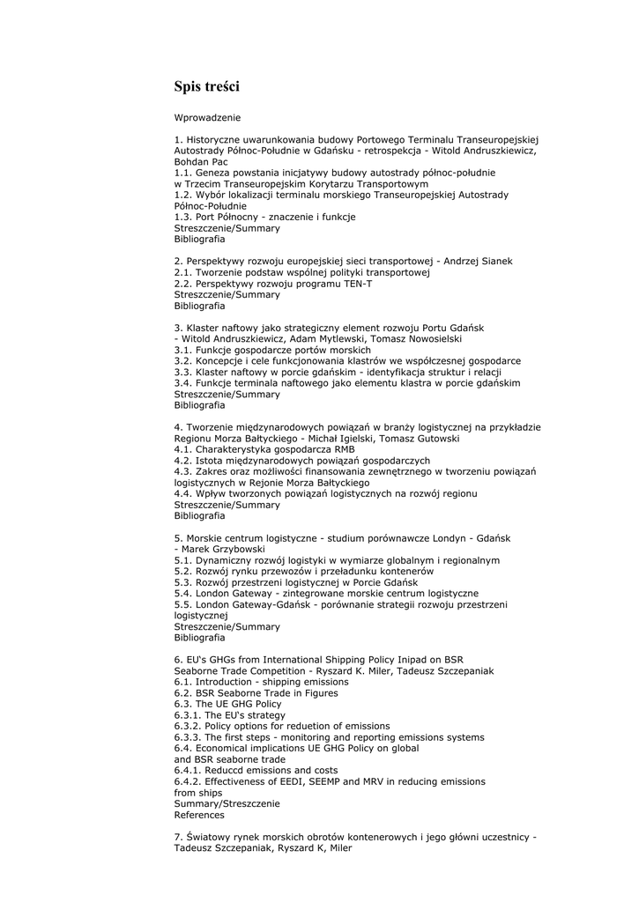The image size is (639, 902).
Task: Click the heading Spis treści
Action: pyautogui.click(x=206, y=86)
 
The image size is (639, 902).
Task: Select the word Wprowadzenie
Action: pyautogui.click(x=207, y=117)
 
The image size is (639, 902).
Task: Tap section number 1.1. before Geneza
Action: pyautogui.click(x=183, y=173)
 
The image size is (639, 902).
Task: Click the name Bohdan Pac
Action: pyautogui.click(x=201, y=162)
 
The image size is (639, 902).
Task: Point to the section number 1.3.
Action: pyautogui.click(x=183, y=217)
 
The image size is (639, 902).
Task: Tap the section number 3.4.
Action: pyautogui.click(x=183, y=383)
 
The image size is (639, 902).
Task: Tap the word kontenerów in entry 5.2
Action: pyautogui.click(x=385, y=571)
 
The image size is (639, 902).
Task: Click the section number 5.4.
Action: pyautogui.click(x=183, y=593)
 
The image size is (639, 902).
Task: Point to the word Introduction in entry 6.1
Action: pyautogui.click(x=224, y=682)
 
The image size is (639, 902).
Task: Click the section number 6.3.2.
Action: pyautogui.click(x=187, y=726)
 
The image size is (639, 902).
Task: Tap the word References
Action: pyautogui.click(x=199, y=815)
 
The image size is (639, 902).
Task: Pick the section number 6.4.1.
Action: pyautogui.click(x=187, y=770)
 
